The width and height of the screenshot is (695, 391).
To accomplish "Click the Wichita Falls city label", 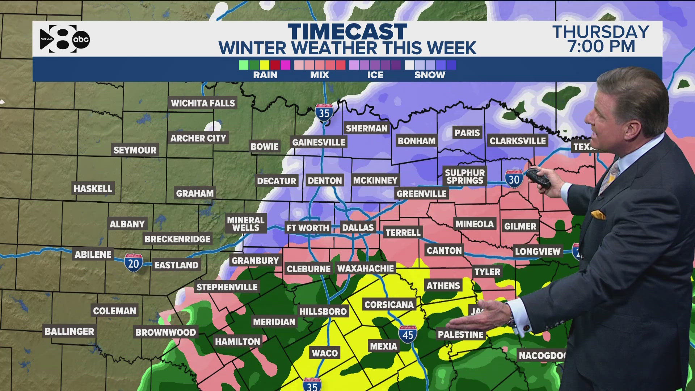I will [x=203, y=103].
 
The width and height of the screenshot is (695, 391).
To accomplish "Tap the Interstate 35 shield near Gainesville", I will [x=324, y=113].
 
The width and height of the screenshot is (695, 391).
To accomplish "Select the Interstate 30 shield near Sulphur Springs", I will [x=514, y=179].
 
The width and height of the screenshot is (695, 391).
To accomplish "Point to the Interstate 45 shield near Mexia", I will [x=408, y=334].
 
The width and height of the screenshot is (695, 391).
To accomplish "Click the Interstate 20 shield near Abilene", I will [x=134, y=263].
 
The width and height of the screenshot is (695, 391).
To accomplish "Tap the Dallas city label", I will [x=358, y=227].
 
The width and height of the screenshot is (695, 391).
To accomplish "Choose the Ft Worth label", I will [x=308, y=228].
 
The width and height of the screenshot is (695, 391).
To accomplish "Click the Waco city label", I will [x=325, y=353].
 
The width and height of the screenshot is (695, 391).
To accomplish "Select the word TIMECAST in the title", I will [x=347, y=32].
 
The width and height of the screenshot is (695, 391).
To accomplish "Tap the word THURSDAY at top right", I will [x=601, y=32].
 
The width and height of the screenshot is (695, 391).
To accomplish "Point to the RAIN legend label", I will [x=265, y=75].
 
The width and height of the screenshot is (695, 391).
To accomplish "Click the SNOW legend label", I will [x=430, y=75].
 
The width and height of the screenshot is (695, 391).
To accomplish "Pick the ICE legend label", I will [x=375, y=75].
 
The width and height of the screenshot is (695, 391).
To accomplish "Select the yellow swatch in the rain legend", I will [x=265, y=65].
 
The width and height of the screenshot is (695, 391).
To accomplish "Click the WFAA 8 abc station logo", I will [x=65, y=39].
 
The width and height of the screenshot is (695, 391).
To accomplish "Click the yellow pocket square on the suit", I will [x=598, y=214].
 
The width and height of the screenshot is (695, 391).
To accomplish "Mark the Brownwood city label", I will [x=165, y=332].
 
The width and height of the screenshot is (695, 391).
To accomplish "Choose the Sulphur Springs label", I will [x=465, y=177].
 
